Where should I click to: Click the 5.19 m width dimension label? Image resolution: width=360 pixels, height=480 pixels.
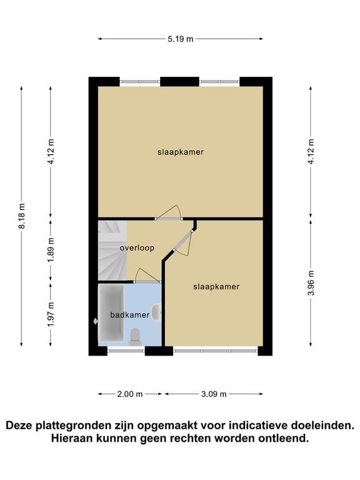tap(180, 39)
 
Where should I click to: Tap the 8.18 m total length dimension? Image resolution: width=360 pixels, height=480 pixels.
tap(22, 216)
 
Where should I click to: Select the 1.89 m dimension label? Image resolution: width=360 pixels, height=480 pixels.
tap(51, 249)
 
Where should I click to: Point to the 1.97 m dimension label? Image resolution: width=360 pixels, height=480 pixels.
tap(51, 314)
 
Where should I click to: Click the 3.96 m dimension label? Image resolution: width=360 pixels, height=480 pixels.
tap(311, 282)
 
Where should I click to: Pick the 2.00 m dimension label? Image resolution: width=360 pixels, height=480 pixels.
tap(130, 394)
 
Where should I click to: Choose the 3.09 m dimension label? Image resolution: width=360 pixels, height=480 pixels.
tap(214, 394)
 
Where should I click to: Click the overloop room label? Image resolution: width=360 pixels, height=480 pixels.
tap(137, 247)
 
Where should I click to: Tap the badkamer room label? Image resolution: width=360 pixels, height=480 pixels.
tap(130, 315)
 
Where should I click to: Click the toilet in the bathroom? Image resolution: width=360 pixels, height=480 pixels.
tap(135, 336)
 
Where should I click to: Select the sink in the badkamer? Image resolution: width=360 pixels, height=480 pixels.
tap(157, 312)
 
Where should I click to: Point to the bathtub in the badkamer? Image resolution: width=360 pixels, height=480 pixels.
tap(111, 313)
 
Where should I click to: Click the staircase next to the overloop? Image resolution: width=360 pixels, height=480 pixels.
tap(112, 251)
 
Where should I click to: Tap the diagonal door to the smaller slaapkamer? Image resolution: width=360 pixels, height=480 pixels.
tap(183, 241)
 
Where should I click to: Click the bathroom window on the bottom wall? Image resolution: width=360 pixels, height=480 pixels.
tap(126, 351)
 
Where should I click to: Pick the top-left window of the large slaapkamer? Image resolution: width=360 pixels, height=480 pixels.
tap(139, 82)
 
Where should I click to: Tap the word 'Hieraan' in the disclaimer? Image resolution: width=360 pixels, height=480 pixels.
tap(71, 438)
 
